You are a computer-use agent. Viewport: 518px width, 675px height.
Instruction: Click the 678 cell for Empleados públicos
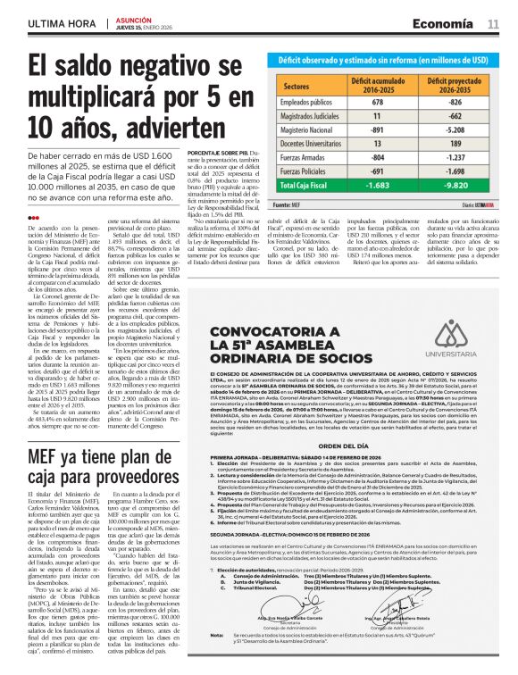(x=377, y=104)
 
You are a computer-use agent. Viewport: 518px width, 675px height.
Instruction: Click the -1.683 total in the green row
(x=377, y=186)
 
